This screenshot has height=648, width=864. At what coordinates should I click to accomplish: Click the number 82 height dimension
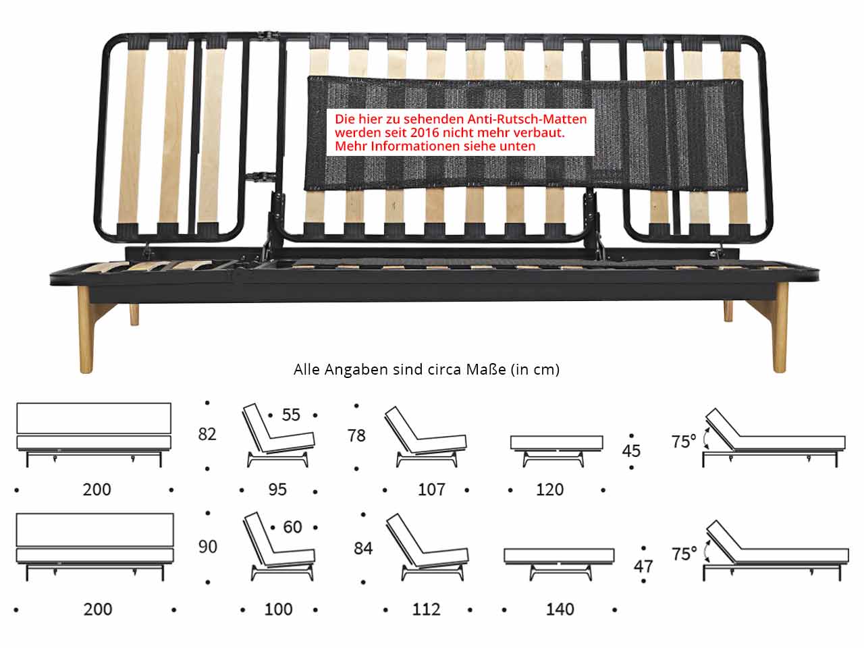[207, 434]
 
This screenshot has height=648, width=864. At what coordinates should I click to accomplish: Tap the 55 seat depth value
[291, 414]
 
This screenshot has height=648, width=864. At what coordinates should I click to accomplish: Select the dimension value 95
[277, 489]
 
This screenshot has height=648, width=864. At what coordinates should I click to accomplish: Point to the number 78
[356, 435]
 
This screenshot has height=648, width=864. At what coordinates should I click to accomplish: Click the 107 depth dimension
[431, 489]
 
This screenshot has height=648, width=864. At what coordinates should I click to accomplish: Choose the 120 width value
[549, 489]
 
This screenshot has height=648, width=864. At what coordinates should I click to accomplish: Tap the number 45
[631, 450]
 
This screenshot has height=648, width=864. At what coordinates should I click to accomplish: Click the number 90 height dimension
[207, 546]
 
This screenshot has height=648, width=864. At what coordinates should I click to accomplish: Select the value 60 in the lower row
[292, 526]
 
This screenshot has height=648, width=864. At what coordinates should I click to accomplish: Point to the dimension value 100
[278, 610]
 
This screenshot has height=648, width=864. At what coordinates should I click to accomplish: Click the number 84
[363, 549]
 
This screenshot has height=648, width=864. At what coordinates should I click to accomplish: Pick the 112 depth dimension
[426, 610]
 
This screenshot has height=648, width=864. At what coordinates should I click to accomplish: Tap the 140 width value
[560, 610]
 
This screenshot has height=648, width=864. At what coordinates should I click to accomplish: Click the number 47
[643, 566]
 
